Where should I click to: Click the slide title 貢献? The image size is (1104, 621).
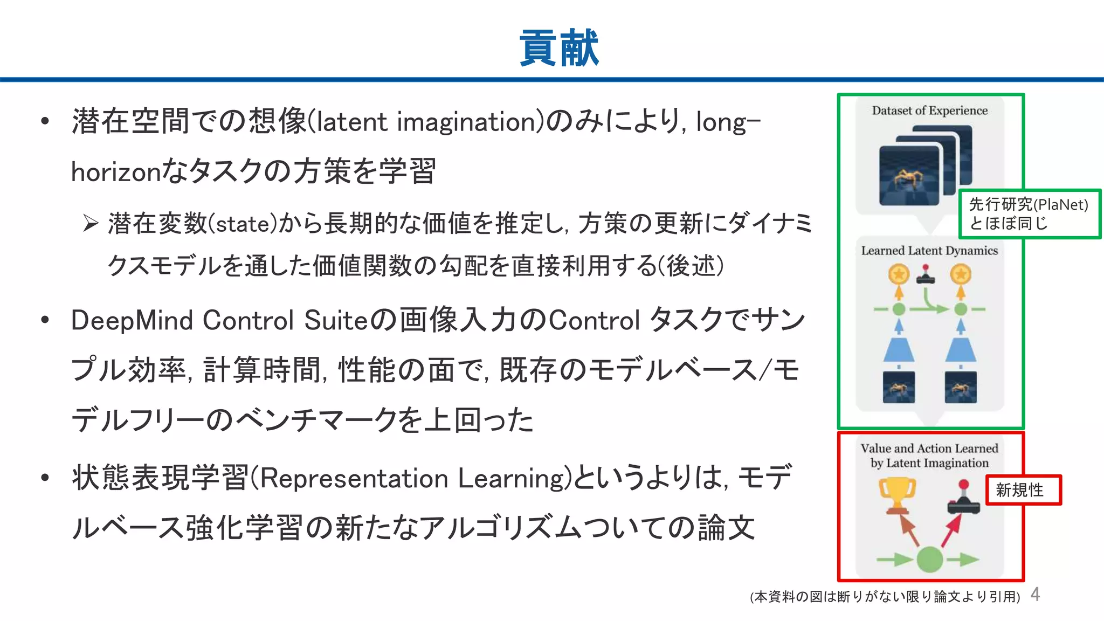pos(558,48)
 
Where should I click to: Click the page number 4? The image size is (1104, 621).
pos(1035,594)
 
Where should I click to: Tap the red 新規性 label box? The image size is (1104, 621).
pos(1023,489)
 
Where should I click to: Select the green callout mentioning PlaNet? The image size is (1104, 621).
pos(1029,213)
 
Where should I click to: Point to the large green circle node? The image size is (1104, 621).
pos(929,559)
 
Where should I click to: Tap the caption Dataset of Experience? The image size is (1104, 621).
pos(929,111)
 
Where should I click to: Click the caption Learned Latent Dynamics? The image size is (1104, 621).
pos(929,251)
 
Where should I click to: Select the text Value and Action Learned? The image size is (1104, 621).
pos(929,448)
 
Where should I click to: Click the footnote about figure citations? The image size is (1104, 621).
pos(885,597)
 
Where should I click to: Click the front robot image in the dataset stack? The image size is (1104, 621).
pos(909,176)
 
